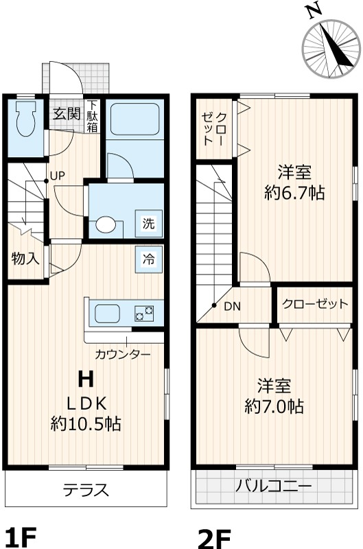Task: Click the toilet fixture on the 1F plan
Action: coord(25,119)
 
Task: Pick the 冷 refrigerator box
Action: coord(149,259)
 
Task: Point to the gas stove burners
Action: coord(144,313)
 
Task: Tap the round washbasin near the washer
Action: coord(106,224)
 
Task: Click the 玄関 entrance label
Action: coord(67,114)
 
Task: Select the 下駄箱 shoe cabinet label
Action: coord(92,116)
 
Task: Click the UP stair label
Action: coord(58,176)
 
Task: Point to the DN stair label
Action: coord(233,307)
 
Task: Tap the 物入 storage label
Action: coord(25,259)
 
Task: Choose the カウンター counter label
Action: coord(123,355)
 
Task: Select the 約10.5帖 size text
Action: coord(86,423)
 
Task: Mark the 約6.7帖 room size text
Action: coord(294,193)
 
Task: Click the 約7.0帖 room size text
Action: coord(274,406)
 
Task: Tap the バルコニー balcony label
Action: coord(273,487)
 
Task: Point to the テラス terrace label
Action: coord(86,490)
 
